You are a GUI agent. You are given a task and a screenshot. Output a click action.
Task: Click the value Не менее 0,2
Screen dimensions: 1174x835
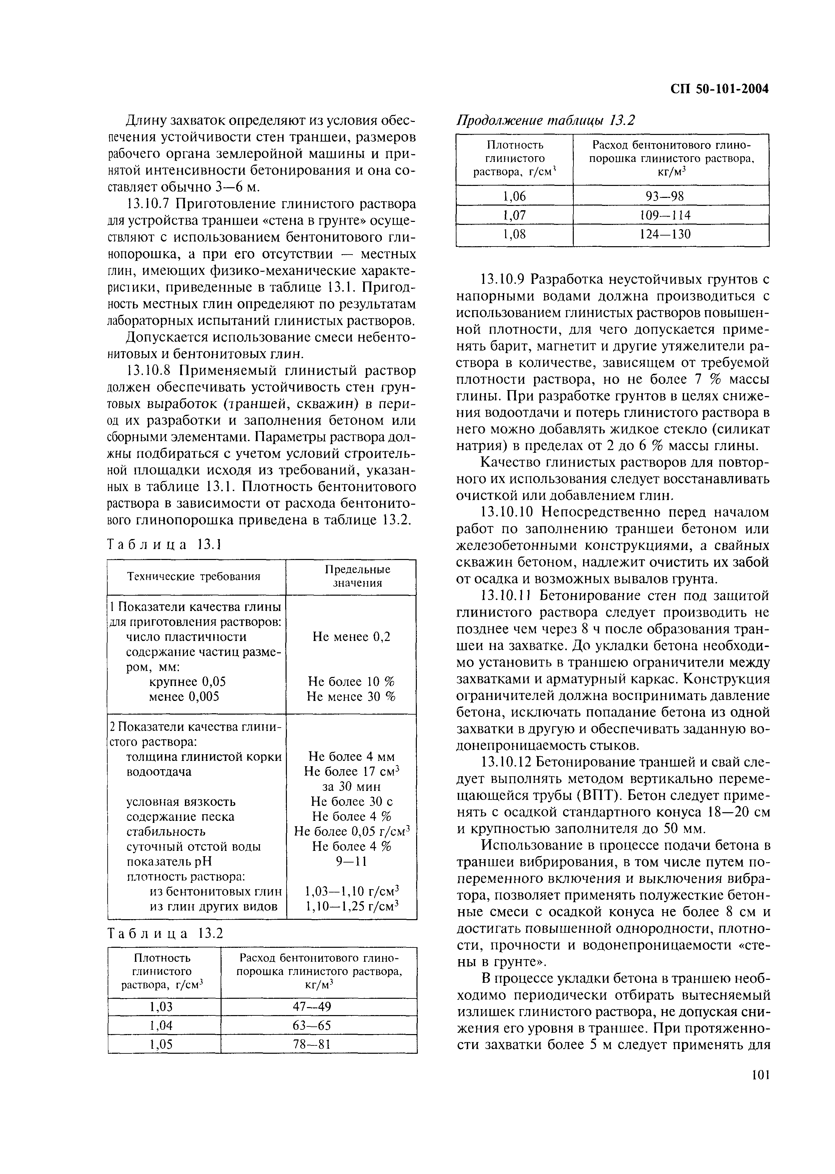351,637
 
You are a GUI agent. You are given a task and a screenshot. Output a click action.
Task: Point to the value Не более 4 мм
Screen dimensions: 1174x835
351,757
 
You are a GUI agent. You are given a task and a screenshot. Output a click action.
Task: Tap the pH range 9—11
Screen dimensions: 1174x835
351,862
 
